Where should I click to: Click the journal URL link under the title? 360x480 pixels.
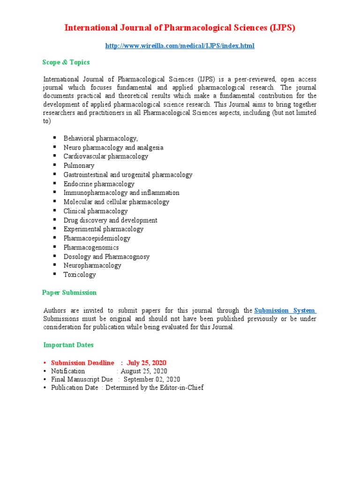tap(180, 46)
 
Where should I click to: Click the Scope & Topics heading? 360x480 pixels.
tap(66, 62)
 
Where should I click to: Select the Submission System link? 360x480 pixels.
tap(285, 310)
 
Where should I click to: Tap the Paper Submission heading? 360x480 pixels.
tap(69, 292)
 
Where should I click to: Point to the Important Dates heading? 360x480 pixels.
tap(68, 345)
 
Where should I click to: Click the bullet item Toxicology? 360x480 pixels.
tap(80, 275)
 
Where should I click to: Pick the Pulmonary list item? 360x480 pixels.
tap(79, 165)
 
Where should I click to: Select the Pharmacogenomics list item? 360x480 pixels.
tap(91, 247)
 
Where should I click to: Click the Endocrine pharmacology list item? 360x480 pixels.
tap(99, 184)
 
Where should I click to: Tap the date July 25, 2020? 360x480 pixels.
tap(146, 363)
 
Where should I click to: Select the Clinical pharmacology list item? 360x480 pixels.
tap(96, 211)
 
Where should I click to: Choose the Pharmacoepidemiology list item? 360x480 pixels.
tap(97, 238)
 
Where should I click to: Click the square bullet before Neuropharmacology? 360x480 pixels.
tap(54, 265)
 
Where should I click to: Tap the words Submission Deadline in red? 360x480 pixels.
tap(82, 363)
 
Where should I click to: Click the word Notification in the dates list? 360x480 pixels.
tap(68, 371)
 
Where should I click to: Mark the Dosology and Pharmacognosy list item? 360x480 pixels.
tap(106, 256)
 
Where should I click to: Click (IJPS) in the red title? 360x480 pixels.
tap(282, 28)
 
